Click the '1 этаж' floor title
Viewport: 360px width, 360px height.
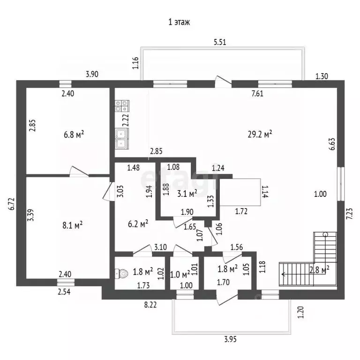(x=179, y=22)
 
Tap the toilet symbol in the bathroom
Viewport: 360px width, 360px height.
(x=121, y=273)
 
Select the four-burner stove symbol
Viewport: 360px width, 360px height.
(x=122, y=106)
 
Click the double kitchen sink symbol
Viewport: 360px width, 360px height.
(x=122, y=139)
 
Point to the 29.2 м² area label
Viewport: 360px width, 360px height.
(x=260, y=134)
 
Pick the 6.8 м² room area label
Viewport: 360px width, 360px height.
(x=74, y=135)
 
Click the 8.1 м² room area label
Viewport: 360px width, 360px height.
(x=73, y=225)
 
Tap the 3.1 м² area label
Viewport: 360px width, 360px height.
(x=187, y=194)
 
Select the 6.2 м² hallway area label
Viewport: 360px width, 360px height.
(x=138, y=224)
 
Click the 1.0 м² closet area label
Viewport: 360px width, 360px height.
(x=180, y=274)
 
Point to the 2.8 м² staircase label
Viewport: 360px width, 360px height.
(x=319, y=270)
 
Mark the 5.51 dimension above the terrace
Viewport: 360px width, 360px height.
(x=220, y=42)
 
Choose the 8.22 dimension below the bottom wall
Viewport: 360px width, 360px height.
(x=150, y=305)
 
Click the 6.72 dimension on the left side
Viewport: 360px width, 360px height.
(x=12, y=203)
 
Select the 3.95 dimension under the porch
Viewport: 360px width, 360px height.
(x=230, y=339)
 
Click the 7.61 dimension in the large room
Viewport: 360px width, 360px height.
(x=257, y=93)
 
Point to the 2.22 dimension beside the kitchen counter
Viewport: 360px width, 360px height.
(x=126, y=120)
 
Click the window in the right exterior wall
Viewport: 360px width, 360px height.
(x=341, y=184)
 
